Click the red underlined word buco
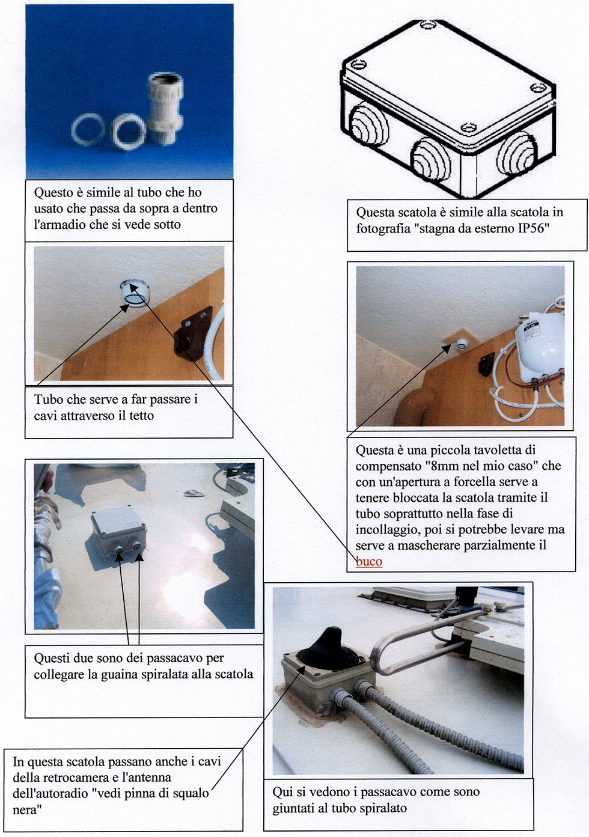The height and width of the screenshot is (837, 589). point(368,562)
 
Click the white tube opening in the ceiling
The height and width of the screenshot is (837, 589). point(135,294)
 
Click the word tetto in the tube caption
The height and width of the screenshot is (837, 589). point(141,415)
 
